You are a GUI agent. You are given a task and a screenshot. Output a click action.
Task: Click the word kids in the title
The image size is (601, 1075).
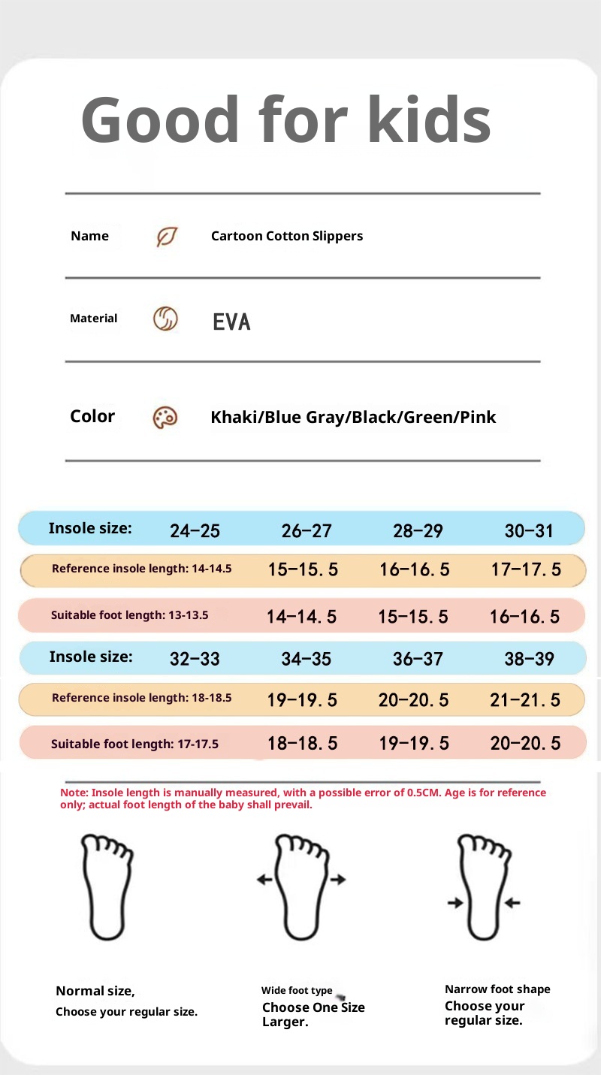tap(429, 120)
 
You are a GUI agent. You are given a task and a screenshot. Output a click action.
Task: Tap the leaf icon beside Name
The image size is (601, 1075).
tap(166, 237)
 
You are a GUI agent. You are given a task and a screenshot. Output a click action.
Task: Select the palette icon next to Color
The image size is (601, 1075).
tap(165, 418)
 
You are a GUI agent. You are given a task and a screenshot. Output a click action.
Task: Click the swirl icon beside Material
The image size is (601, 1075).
tap(165, 319)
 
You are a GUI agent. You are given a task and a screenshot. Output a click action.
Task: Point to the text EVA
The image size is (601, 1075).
tap(231, 322)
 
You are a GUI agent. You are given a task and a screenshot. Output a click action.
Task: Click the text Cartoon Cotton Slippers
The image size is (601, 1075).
tap(286, 236)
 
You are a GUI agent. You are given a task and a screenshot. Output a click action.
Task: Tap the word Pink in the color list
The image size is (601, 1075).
tap(478, 418)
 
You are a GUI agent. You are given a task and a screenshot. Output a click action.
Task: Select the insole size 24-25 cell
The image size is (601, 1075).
tap(195, 531)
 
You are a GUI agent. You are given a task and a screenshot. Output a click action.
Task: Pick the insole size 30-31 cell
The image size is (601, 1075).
tap(529, 531)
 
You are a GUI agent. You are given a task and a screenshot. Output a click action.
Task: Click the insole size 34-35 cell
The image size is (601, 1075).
tap(306, 660)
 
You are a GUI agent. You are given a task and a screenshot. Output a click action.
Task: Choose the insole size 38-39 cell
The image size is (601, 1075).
tap(529, 660)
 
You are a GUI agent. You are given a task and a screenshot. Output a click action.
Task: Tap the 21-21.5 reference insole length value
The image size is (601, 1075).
tap(525, 700)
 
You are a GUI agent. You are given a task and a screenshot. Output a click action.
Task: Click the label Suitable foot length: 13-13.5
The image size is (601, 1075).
tap(129, 615)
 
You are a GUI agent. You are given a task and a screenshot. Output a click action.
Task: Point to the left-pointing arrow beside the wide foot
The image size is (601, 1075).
tap(264, 879)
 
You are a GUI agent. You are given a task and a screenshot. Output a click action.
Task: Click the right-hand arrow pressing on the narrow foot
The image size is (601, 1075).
tap(513, 903)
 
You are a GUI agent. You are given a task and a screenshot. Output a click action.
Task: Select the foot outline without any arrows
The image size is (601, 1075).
tap(107, 886)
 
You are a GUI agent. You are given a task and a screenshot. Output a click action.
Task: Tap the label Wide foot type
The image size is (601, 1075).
tap(297, 991)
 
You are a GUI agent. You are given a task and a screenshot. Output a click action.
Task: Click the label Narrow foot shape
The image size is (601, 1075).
tap(497, 989)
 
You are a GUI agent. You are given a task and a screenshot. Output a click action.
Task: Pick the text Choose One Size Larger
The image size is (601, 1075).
tap(313, 1014)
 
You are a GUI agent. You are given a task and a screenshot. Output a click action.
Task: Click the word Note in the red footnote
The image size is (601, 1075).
tap(73, 793)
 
